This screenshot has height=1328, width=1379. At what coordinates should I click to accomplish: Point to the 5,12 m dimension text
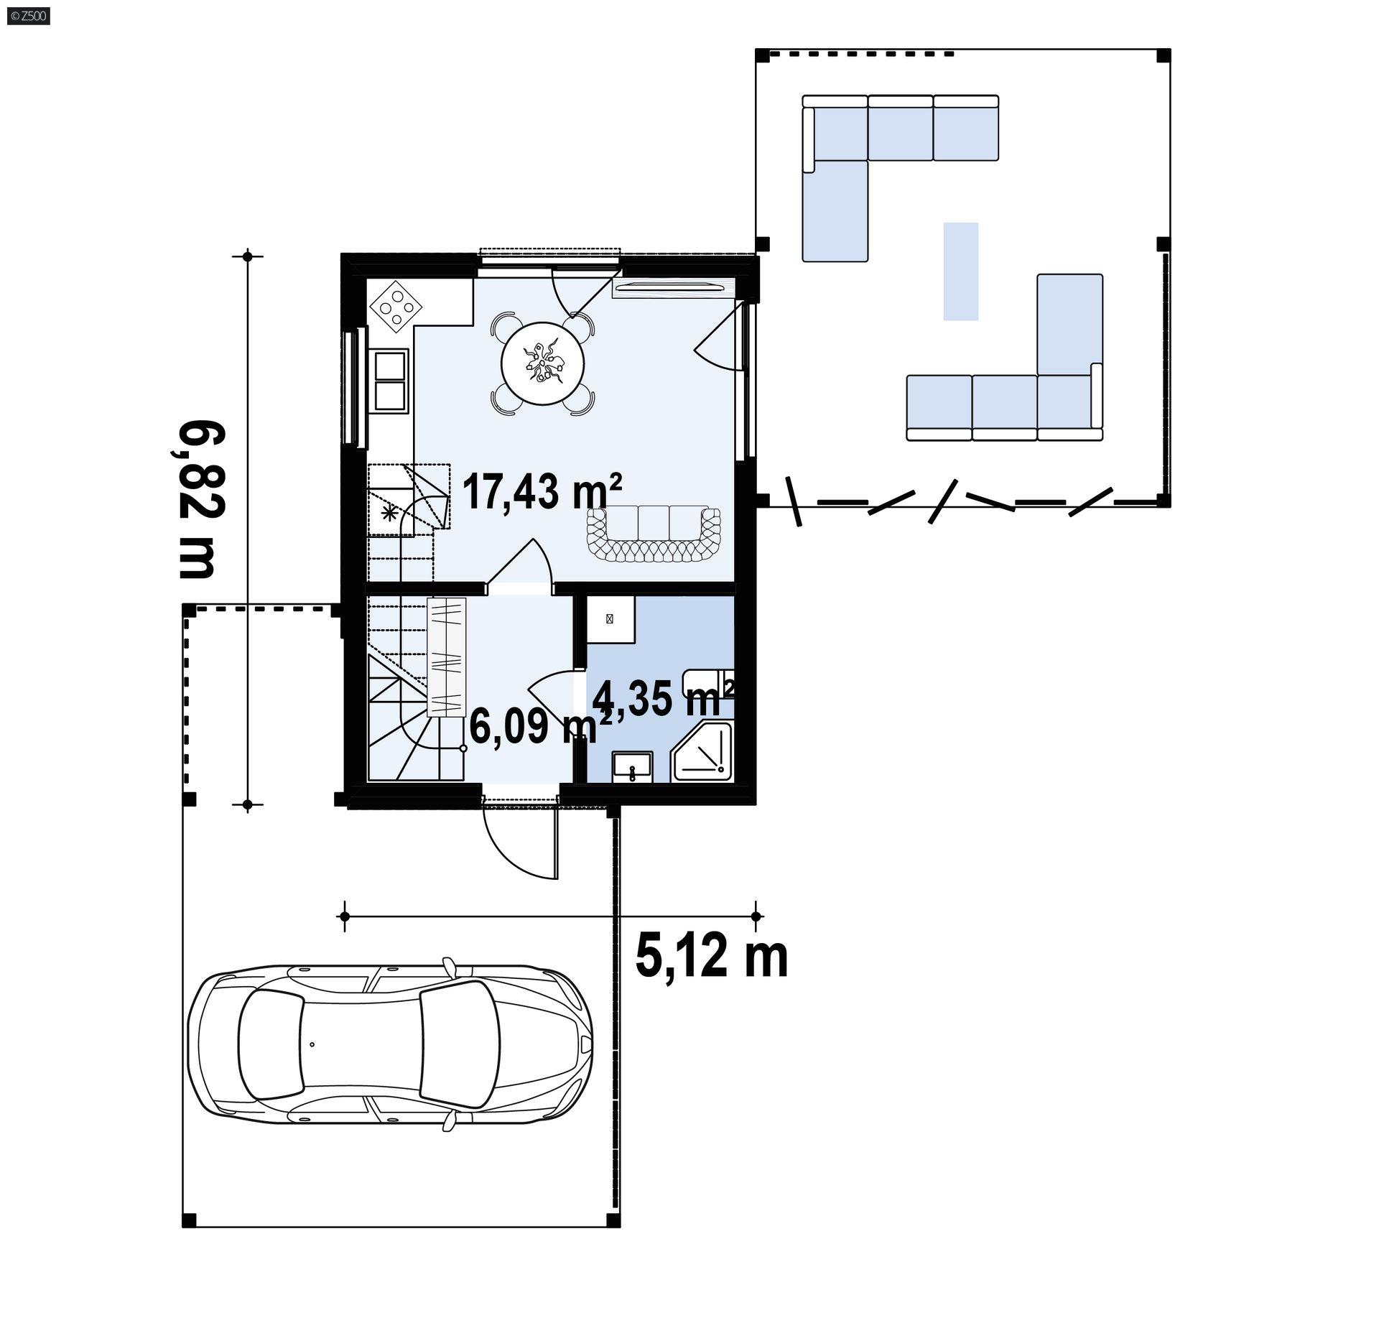(x=712, y=957)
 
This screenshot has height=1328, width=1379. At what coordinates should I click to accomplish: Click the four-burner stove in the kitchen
(x=396, y=307)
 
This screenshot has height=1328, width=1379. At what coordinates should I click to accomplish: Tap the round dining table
(x=543, y=363)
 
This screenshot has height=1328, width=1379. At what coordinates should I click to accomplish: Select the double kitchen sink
(x=389, y=380)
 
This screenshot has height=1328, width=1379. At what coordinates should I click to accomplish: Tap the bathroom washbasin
(x=632, y=766)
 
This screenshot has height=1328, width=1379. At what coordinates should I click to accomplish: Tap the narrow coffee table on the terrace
(x=961, y=271)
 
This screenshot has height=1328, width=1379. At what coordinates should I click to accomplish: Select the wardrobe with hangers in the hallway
(x=447, y=657)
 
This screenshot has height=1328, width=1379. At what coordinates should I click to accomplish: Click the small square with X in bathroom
(x=610, y=618)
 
